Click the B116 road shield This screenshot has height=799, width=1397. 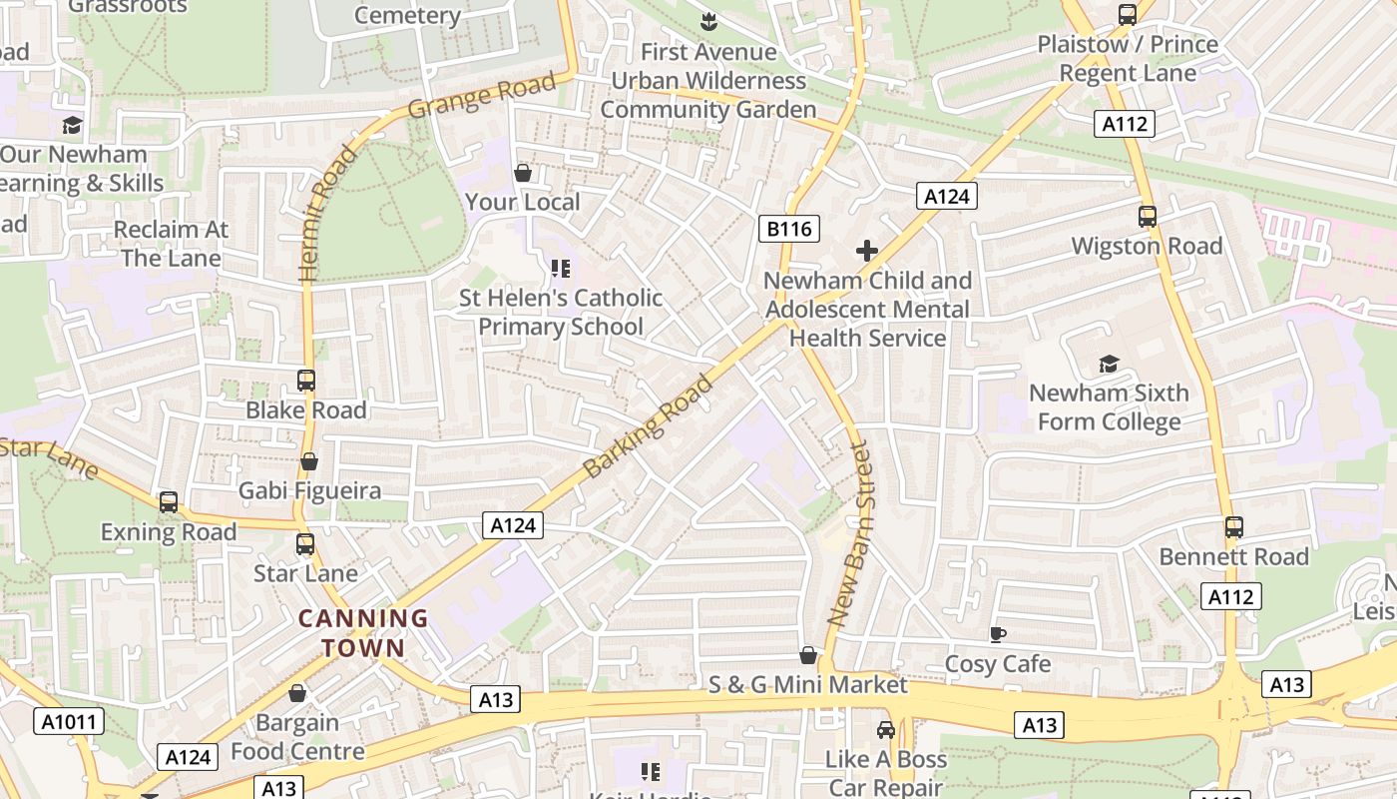tap(788, 229)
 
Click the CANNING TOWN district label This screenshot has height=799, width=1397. tap(363, 633)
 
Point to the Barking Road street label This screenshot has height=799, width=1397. tap(649, 425)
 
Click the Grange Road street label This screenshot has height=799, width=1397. tap(482, 96)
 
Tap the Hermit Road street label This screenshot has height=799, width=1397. tap(326, 212)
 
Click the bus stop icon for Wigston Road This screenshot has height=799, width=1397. tap(1148, 216)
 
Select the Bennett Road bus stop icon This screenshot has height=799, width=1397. tap(1234, 526)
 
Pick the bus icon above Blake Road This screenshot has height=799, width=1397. tap(306, 381)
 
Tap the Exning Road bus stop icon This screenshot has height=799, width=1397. tap(169, 502)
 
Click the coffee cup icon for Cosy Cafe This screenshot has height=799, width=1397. tap(997, 634)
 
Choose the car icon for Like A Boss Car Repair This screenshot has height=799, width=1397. tap(885, 730)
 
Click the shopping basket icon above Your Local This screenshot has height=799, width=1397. tap(522, 173)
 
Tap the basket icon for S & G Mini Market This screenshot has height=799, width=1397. tap(808, 655)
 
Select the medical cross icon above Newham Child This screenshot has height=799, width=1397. tap(866, 251)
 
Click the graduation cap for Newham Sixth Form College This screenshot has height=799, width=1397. tap(1109, 364)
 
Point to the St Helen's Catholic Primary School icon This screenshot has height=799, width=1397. tap(560, 268)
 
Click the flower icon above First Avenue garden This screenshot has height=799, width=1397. tap(708, 21)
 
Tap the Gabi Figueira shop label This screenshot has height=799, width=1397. tap(309, 490)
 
